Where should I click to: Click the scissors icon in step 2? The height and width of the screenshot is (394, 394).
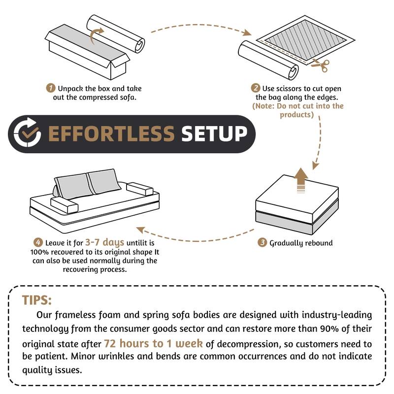point(321,64)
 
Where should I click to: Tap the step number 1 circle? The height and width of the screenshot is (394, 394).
point(51,89)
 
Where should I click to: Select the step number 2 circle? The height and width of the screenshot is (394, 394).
point(256,89)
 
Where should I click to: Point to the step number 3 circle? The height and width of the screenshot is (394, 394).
point(263,243)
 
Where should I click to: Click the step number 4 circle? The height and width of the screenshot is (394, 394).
point(38,242)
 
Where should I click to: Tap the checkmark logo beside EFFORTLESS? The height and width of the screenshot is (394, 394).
point(27,133)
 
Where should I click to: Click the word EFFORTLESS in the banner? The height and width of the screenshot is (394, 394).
point(111,133)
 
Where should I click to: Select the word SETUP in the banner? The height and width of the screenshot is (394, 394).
point(214,133)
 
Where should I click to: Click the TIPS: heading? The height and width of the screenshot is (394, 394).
point(37,300)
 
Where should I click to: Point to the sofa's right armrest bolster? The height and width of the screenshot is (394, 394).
point(139,190)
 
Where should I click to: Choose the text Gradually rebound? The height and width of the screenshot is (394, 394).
point(301,243)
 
